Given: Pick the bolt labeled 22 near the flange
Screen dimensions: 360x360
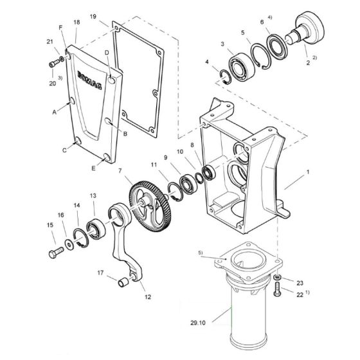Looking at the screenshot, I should (x=277, y=291).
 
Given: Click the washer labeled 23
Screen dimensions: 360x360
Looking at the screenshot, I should (x=277, y=278).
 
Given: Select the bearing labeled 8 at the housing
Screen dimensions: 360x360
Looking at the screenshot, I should (x=210, y=172).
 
